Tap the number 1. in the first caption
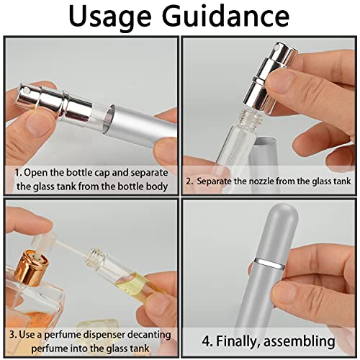point(17,173)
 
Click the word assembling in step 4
point(302,341)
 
